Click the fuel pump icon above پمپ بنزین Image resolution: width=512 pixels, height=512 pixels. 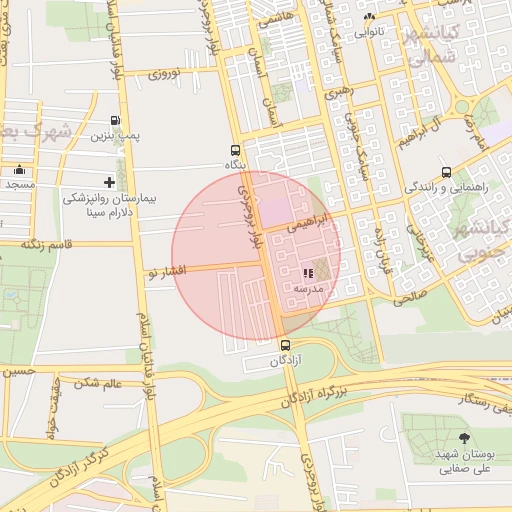(x=118, y=119)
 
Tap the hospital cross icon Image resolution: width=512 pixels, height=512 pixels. (x=109, y=182)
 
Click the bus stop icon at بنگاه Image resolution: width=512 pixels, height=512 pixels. (x=235, y=149)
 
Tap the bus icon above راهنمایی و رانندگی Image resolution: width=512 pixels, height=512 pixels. (x=445, y=171)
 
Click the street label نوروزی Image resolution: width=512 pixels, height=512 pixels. (x=164, y=73)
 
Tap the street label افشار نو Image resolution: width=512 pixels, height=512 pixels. (x=165, y=271)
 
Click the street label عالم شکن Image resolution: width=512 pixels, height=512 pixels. (x=97, y=383)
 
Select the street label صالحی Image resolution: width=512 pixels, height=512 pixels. (x=411, y=297)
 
